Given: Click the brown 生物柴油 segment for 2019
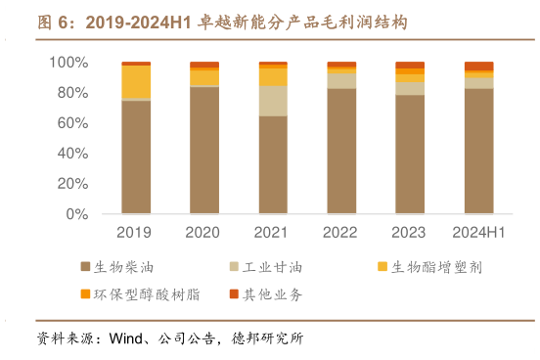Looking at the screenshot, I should pyautogui.click(x=136, y=157).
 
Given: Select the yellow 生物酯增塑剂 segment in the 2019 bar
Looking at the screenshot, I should pyautogui.click(x=136, y=81).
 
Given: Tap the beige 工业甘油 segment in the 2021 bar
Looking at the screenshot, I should pyautogui.click(x=273, y=101).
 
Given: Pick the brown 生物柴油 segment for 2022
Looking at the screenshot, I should pyautogui.click(x=341, y=151).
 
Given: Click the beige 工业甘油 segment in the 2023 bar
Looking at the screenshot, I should pyautogui.click(x=410, y=88).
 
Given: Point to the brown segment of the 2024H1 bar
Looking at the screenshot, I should pyautogui.click(x=478, y=151).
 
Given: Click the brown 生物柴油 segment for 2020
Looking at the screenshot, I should pyautogui.click(x=204, y=150).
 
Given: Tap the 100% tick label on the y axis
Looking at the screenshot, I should pyautogui.click(x=67, y=63).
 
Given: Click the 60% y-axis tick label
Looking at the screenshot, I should pyautogui.click(x=71, y=123).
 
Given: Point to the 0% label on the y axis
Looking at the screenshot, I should pyautogui.click(x=75, y=214).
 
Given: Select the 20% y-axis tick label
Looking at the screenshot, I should pyautogui.click(x=71, y=184).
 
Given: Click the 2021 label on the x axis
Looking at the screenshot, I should pyautogui.click(x=273, y=233).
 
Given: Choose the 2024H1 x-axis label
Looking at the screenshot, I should pyautogui.click(x=478, y=233).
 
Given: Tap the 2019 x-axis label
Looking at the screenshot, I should pyautogui.click(x=136, y=233).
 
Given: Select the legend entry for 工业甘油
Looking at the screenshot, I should pyautogui.click(x=266, y=266).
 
